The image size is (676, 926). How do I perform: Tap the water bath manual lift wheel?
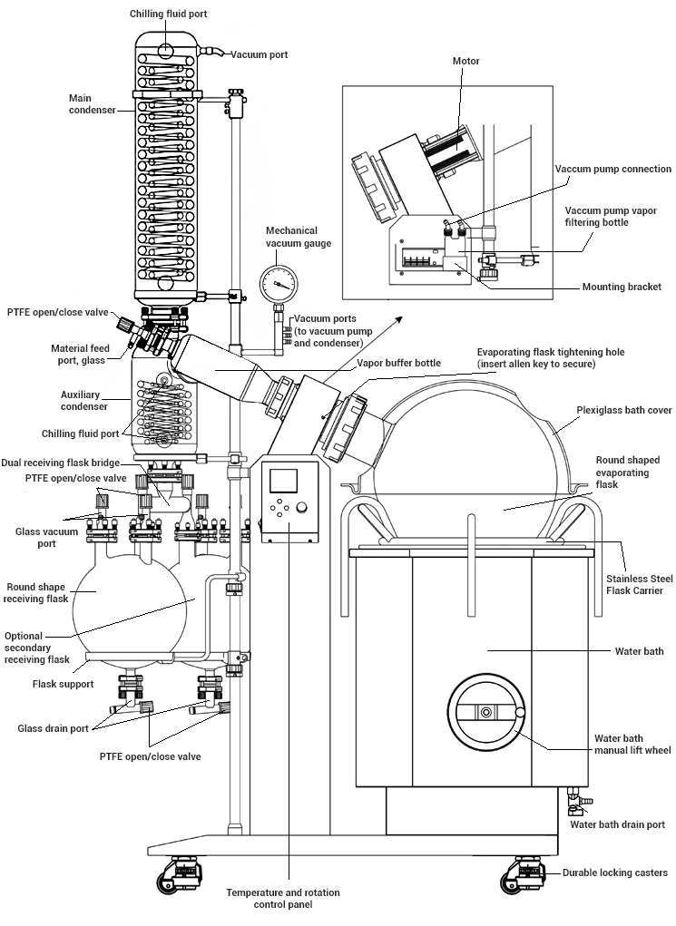point(486,713)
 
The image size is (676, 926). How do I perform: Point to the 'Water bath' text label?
point(640,651)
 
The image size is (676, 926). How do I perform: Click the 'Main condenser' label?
point(92,103)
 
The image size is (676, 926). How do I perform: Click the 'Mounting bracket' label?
point(622,288)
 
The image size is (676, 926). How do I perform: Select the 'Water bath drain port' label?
point(617,824)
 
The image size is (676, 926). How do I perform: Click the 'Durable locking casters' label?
point(615,872)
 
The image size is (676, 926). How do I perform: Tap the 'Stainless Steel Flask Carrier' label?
point(635,584)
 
